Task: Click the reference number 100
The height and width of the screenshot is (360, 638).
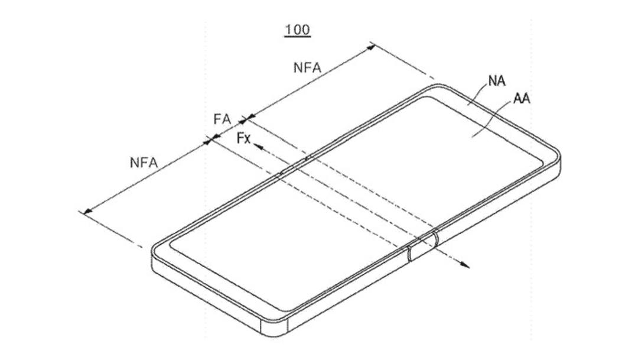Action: click(x=298, y=30)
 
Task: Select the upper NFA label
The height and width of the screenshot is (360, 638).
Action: click(x=307, y=67)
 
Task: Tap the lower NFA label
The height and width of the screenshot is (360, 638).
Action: click(x=144, y=163)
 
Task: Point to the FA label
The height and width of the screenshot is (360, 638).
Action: click(x=222, y=119)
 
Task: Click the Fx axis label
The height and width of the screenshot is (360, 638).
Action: click(x=243, y=138)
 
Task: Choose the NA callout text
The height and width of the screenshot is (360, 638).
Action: click(x=497, y=81)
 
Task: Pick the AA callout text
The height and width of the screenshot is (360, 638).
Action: click(x=522, y=99)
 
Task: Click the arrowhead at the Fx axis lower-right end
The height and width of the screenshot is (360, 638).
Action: click(x=465, y=265)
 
